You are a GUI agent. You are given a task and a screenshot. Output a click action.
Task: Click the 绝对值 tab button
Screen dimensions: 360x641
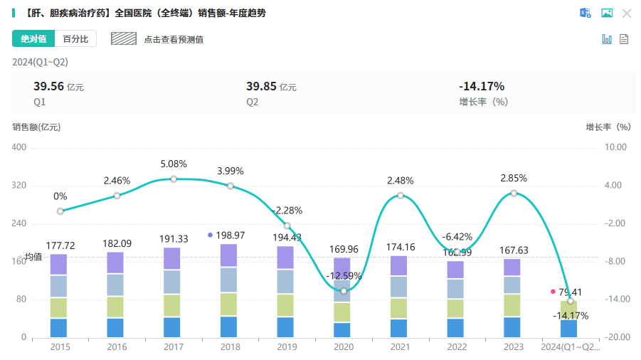coord(33,39)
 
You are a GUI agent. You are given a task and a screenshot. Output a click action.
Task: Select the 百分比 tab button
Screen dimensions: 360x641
coord(75,39)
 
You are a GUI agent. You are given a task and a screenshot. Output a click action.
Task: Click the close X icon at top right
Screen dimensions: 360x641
coord(627,13)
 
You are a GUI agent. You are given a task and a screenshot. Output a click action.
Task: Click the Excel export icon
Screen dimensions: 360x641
coord(586,13)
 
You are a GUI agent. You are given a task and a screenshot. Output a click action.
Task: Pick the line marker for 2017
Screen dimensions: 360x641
coord(174,179)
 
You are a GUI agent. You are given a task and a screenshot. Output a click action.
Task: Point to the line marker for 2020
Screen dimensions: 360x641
coord(344,290)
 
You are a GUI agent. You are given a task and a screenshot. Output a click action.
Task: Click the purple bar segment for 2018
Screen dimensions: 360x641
coord(229,255)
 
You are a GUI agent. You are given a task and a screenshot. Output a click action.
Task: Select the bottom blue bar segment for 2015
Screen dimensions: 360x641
coord(58,327)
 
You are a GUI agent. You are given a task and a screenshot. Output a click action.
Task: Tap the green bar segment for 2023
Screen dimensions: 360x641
coord(512,305)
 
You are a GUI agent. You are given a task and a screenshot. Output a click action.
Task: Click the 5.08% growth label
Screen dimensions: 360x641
coord(174,164)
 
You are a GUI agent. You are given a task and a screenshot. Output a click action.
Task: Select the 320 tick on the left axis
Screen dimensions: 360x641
coord(19,186)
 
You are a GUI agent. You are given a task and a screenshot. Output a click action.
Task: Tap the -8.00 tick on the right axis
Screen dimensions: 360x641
coord(615,261)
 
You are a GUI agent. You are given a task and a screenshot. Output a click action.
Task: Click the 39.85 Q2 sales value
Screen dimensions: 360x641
coord(261,86)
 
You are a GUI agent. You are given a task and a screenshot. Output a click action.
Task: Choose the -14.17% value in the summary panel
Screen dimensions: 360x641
coord(482,86)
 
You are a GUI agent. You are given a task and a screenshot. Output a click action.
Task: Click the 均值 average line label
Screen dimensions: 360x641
coord(33,257)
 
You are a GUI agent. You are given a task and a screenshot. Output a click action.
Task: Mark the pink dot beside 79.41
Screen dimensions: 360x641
coord(553,292)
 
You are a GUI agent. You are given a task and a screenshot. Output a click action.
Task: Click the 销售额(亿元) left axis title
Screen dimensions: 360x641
coord(36,127)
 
